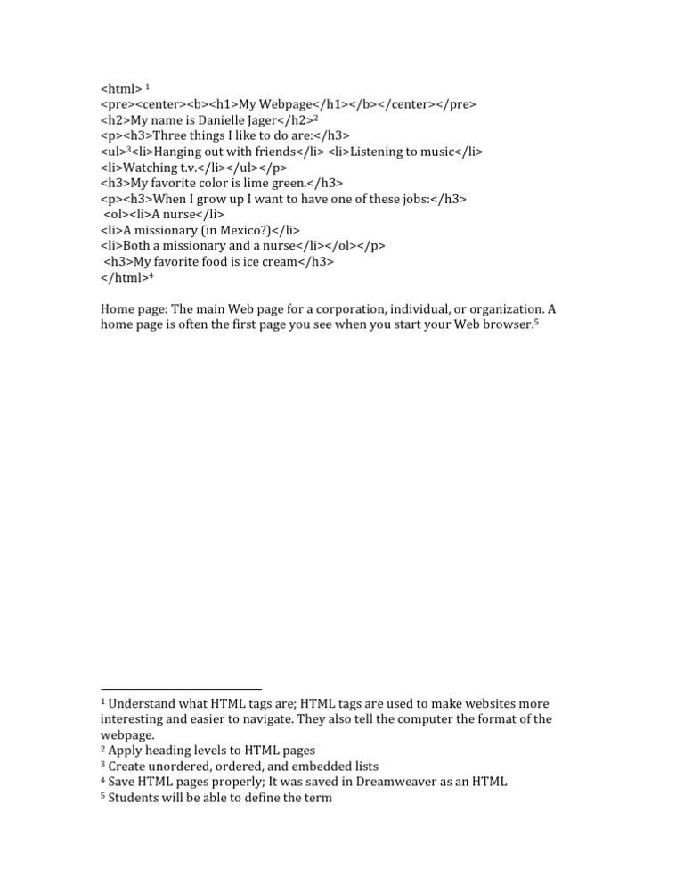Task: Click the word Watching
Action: pos(150,168)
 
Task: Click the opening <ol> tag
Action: pos(117,215)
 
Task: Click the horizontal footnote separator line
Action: pos(181,689)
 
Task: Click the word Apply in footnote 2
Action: pos(126,751)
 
